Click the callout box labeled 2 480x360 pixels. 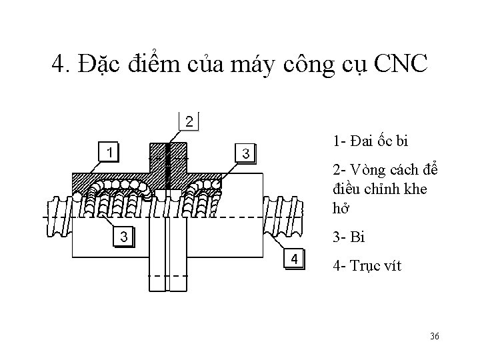(190, 122)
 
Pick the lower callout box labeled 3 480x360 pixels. (123, 237)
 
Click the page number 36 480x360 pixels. (434, 336)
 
